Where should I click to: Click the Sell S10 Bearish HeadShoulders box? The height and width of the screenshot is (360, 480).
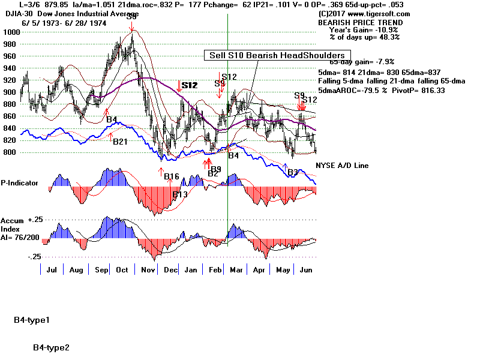(276, 55)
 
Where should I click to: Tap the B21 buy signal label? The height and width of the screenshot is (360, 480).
(120, 142)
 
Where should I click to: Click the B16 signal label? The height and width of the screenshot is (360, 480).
(172, 176)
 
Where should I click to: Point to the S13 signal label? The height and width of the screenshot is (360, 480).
(179, 194)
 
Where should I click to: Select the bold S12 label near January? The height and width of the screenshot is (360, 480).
(189, 86)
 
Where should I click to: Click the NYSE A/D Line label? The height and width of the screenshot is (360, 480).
(342, 166)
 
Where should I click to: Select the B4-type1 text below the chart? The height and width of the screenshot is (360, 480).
(32, 320)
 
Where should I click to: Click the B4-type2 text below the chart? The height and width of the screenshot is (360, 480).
(52, 347)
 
